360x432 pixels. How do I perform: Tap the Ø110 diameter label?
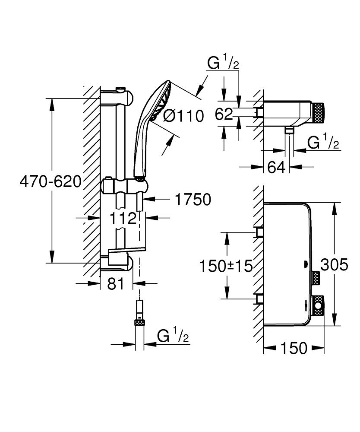pyautogui.click(x=184, y=116)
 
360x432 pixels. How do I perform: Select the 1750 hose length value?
pyautogui.click(x=193, y=200)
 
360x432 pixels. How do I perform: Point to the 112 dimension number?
pyautogui.click(x=123, y=219)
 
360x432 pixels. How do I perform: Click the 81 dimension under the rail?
pyautogui.click(x=115, y=284)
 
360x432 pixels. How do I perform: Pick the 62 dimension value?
pyautogui.click(x=224, y=114)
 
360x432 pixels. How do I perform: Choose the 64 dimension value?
pyautogui.click(x=277, y=167)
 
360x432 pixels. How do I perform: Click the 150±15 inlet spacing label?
pyautogui.click(x=225, y=266)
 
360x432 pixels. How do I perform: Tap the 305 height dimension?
pyautogui.click(x=334, y=264)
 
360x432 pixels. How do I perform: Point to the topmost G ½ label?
pyautogui.click(x=223, y=64)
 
